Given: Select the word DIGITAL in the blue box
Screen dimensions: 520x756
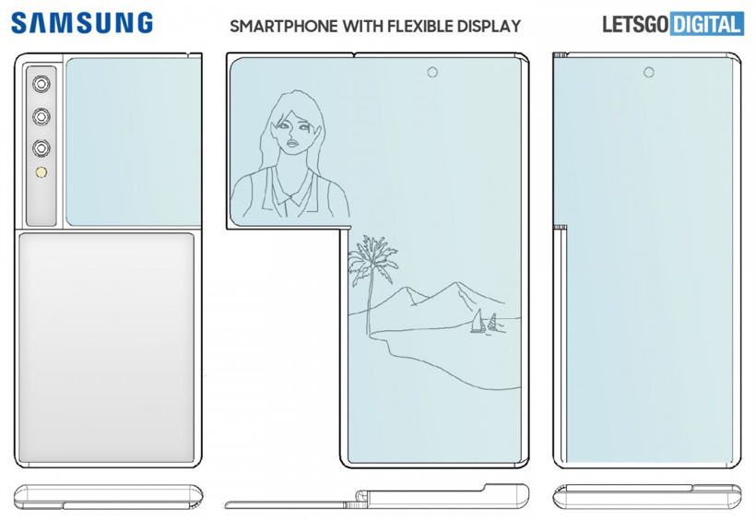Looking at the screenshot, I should [706, 25].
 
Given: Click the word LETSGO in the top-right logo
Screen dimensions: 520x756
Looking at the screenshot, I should [635, 25].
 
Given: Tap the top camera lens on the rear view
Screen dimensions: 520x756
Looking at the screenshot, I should [41, 85].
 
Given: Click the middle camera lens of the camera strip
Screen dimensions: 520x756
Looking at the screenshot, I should [41, 116].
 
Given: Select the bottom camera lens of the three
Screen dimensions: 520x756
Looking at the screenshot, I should [41, 148].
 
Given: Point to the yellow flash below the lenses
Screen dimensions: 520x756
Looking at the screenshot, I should [41, 173].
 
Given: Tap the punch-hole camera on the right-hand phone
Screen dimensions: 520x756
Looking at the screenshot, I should [648, 73].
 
